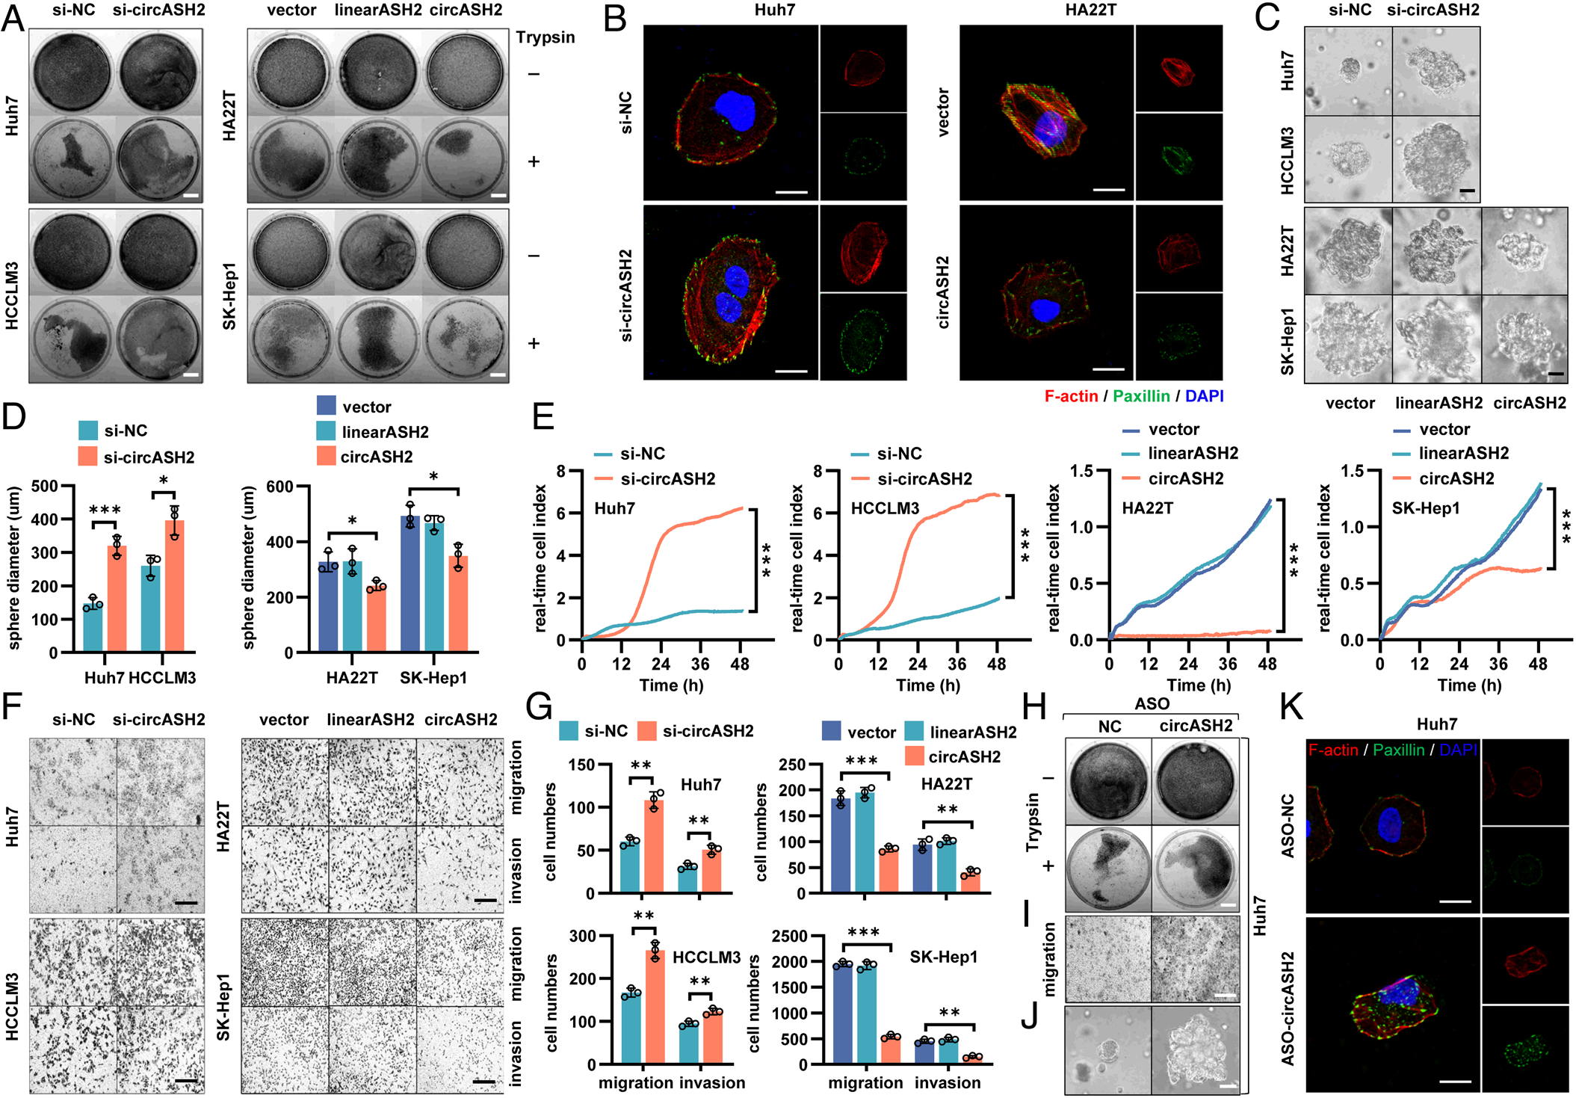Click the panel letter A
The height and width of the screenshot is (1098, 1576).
pos(13,16)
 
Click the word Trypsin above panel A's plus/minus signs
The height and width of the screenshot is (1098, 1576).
pos(545,37)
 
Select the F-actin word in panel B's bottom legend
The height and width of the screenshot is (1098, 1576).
pos(1071,396)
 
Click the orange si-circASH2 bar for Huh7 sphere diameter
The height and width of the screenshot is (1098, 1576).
pos(117,598)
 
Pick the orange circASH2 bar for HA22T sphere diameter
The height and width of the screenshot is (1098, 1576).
pos(376,619)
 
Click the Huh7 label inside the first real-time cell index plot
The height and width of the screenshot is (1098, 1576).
pos(614,509)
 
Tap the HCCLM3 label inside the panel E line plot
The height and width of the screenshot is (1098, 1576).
pos(885,509)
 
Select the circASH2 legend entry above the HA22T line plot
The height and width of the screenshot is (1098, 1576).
pos(1185,478)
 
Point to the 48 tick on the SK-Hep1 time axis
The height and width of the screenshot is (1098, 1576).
pos(1538,664)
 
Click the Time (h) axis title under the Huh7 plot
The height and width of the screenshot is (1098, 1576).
pos(671,685)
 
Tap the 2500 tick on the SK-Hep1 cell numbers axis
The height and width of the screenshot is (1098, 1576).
pos(789,937)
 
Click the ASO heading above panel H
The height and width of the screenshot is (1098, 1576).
pos(1152,703)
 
